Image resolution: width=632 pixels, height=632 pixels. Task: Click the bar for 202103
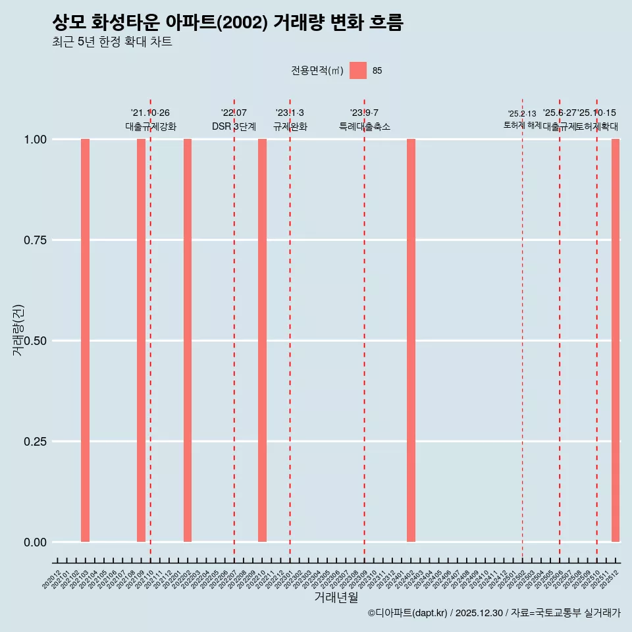click(85, 340)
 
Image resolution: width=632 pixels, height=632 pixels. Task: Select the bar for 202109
click(141, 340)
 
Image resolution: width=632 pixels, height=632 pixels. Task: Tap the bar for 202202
click(188, 340)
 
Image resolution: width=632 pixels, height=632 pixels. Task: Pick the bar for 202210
click(262, 340)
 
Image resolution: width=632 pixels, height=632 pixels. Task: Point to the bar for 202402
click(411, 340)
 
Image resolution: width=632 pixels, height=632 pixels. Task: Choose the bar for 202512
click(616, 340)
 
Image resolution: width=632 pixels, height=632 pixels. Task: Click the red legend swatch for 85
click(358, 70)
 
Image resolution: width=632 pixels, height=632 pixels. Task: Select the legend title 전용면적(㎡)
click(317, 70)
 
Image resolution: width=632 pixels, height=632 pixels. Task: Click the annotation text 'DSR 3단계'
click(234, 126)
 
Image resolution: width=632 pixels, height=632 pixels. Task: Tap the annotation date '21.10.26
click(150, 113)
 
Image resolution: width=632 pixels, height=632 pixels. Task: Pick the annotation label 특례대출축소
click(365, 126)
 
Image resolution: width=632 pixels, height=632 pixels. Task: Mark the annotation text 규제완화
click(290, 126)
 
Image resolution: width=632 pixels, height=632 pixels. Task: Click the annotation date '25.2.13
click(522, 114)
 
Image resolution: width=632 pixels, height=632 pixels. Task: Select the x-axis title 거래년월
click(336, 598)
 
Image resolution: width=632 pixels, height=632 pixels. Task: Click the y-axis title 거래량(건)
click(18, 329)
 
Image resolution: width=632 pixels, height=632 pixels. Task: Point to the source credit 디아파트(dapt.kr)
click(411, 613)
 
